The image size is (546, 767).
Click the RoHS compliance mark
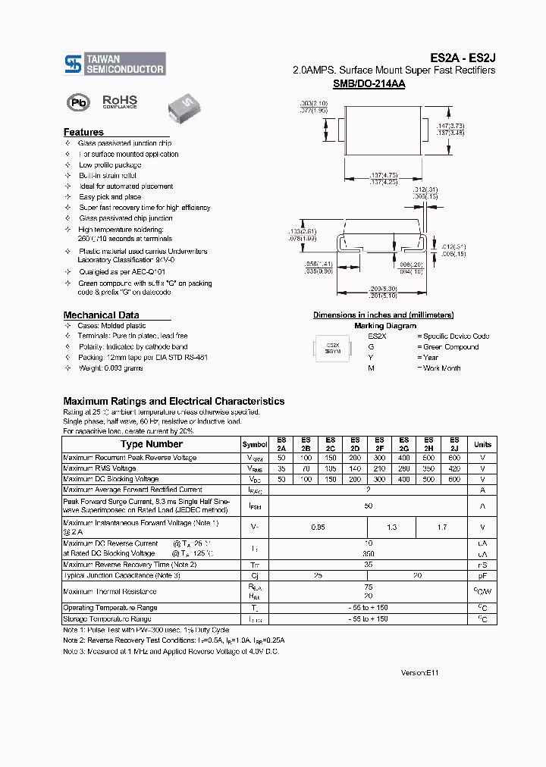coord(120,102)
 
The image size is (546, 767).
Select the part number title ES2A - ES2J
coord(463,58)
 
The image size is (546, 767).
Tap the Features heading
coord(83,132)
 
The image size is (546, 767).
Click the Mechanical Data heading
coord(101,315)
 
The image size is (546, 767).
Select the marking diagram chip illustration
coord(333,348)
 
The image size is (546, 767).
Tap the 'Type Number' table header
coord(152,444)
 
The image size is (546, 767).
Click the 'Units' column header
coord(482,444)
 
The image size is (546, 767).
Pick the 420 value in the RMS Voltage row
coord(454,468)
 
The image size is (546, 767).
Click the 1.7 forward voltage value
coord(441,527)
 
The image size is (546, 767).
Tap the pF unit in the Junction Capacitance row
coord(482,576)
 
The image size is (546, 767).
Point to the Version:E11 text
coord(419,672)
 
